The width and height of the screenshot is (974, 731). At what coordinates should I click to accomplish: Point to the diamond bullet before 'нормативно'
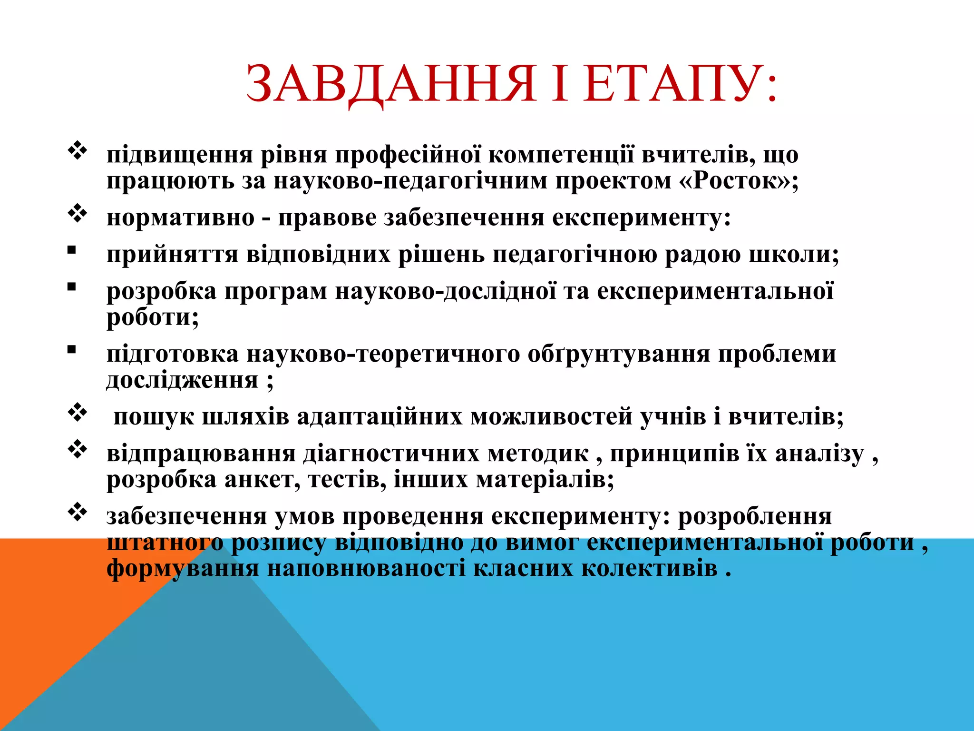[x=78, y=215]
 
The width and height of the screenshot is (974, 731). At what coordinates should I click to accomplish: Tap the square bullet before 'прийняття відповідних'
[x=72, y=251]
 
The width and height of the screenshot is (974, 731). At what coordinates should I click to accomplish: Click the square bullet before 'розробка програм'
[x=72, y=287]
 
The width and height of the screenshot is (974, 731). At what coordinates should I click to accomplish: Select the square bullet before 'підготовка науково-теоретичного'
[x=72, y=350]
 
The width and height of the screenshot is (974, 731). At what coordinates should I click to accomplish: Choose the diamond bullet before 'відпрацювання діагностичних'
[x=78, y=450]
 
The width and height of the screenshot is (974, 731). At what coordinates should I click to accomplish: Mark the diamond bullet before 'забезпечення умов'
[x=78, y=513]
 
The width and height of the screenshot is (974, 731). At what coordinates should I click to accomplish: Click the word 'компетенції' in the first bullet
[x=561, y=155]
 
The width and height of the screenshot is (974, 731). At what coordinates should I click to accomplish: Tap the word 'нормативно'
[x=181, y=218]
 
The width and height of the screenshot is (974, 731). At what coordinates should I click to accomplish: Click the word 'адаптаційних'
[x=380, y=417]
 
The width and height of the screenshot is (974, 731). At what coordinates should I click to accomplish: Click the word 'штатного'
[x=165, y=543]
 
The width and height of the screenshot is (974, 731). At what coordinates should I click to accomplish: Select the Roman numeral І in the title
[x=560, y=84]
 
